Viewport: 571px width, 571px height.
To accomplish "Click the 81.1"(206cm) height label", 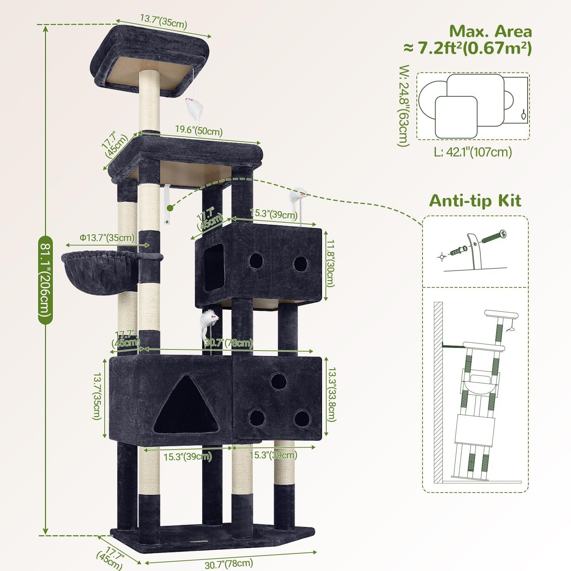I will point(45,280).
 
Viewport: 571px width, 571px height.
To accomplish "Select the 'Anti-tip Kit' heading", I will point(475,201).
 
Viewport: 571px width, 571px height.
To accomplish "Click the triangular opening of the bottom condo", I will point(184,407).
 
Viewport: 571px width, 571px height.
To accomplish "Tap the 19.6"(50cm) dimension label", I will point(199,131).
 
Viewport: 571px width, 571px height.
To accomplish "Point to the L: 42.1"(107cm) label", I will point(473,152).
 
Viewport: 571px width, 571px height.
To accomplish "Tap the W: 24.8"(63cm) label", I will point(404,106).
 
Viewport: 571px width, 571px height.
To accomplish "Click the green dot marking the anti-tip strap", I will point(170,208).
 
